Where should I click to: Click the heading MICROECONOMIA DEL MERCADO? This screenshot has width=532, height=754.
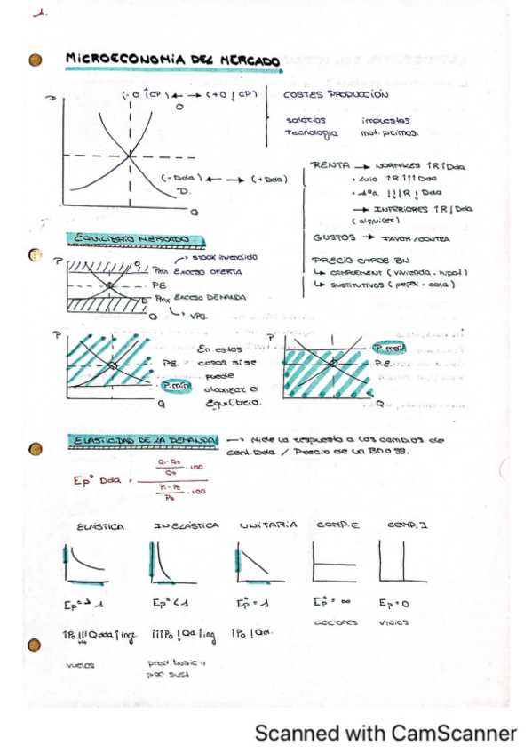[x=173, y=60]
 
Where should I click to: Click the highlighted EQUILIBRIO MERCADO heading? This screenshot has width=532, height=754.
[x=137, y=239]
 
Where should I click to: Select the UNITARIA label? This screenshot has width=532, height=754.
[x=267, y=525]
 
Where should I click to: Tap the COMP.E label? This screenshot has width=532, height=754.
[x=336, y=525]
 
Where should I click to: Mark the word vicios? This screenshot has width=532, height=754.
[x=395, y=623]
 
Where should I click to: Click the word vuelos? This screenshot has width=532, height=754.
[x=79, y=664]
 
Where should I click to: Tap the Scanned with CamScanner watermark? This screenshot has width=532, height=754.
[x=385, y=734]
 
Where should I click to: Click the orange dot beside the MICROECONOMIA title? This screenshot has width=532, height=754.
[x=36, y=60]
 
